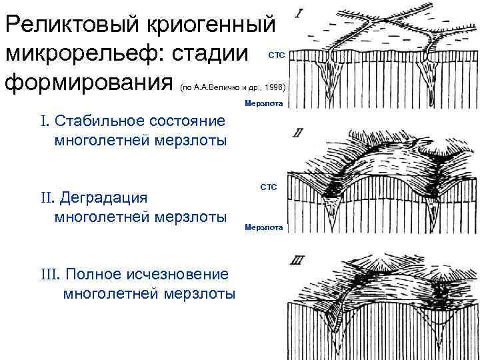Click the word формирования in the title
(90, 85)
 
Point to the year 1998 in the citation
(275, 87)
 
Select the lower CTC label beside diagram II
(268, 189)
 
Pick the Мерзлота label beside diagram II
(264, 227)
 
